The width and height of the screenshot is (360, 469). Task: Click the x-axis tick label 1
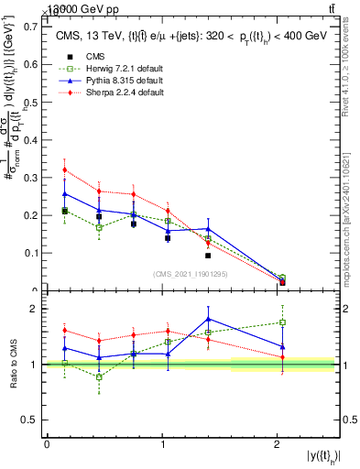pyautogui.click(x=162, y=444)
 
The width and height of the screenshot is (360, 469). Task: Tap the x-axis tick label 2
pyautogui.click(x=278, y=444)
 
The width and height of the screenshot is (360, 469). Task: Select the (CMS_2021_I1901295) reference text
pyautogui.click(x=191, y=274)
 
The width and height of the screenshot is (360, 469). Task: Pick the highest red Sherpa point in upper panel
pyautogui.click(x=64, y=169)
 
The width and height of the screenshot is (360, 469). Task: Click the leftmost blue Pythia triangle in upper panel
pyautogui.click(x=64, y=193)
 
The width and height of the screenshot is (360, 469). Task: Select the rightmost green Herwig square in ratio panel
pyautogui.click(x=282, y=322)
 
